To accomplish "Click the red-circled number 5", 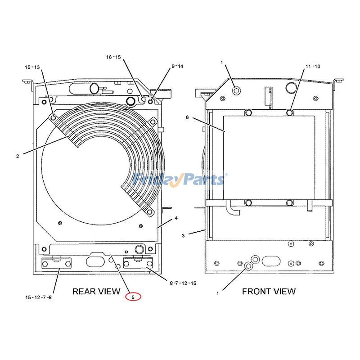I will (x=133, y=297).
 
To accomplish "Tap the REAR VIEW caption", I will (x=96, y=291).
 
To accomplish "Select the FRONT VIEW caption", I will (x=269, y=291).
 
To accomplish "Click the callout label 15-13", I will (x=32, y=67).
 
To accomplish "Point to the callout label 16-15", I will (x=113, y=57).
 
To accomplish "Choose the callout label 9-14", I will (x=177, y=66).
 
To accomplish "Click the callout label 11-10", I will (x=313, y=66).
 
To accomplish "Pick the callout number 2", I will (x=18, y=157).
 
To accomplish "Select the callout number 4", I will (x=176, y=218).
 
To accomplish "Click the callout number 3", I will (x=183, y=235).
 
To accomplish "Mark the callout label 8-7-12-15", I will (x=183, y=283).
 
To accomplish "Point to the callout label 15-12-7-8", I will (x=38, y=297).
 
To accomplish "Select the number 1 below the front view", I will (x=218, y=293).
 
